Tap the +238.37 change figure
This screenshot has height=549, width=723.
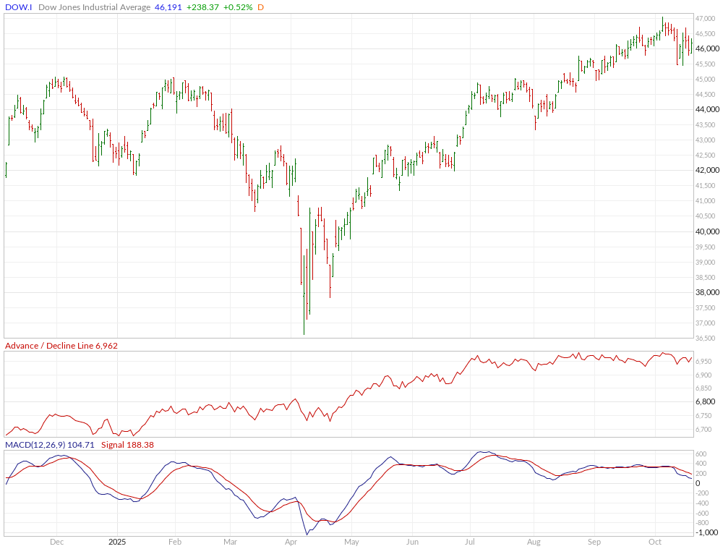point(200,7)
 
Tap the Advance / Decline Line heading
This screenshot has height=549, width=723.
point(49,346)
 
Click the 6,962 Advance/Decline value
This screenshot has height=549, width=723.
point(106,346)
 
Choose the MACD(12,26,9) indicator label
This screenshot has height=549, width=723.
point(35,445)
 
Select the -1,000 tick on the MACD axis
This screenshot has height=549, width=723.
point(707,532)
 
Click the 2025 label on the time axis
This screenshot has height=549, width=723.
point(117,541)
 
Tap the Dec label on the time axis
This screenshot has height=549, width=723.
point(57,541)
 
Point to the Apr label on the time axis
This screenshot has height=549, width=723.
point(291,541)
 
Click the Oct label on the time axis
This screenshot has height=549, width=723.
point(655,541)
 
